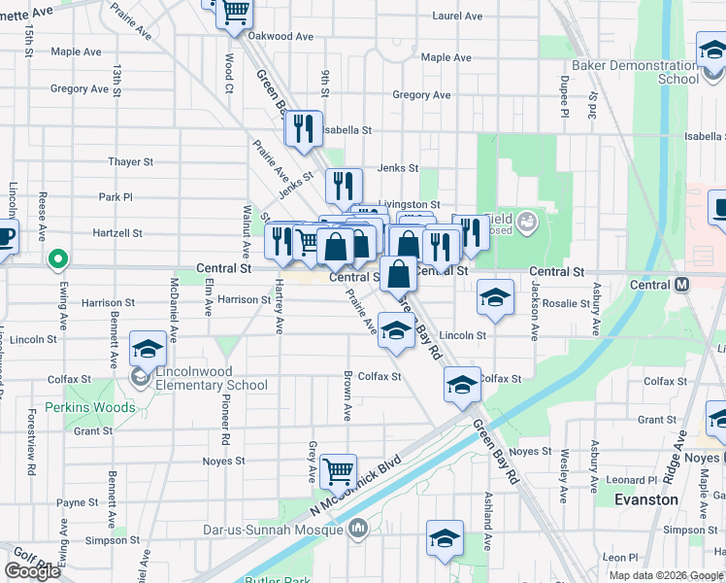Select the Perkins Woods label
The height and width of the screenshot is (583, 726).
(90, 407)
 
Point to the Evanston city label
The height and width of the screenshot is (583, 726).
(646, 499)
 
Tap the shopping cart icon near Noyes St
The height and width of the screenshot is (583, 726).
(338, 471)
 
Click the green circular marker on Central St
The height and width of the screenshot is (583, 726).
(57, 259)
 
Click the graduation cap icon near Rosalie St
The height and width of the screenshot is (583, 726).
(495, 298)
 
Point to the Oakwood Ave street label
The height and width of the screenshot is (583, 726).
(280, 36)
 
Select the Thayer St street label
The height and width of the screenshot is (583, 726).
(131, 162)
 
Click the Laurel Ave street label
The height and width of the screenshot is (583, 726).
(457, 17)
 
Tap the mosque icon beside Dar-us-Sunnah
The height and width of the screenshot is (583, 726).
(357, 529)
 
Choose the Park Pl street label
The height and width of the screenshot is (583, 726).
(115, 197)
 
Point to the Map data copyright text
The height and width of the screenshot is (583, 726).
(664, 575)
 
